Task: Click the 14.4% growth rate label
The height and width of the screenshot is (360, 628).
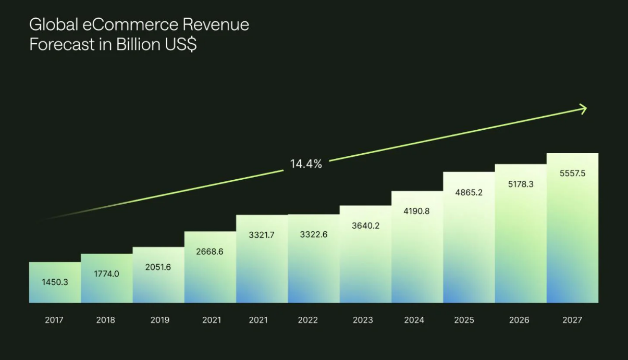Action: coord(306,164)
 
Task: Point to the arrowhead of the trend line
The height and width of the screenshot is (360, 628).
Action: coord(584,108)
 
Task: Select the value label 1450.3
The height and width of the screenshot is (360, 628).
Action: coord(55,282)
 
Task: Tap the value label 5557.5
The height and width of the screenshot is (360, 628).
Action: coord(572,173)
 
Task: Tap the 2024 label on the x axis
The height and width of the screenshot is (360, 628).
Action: coord(414,320)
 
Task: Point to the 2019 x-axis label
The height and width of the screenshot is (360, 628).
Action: coord(159,320)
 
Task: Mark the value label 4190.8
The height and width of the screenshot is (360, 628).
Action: coord(417,212)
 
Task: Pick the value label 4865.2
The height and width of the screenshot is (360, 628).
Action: coord(469,192)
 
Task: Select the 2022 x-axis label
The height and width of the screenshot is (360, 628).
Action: coord(307,320)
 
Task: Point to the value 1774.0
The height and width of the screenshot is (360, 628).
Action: coord(106,274)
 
